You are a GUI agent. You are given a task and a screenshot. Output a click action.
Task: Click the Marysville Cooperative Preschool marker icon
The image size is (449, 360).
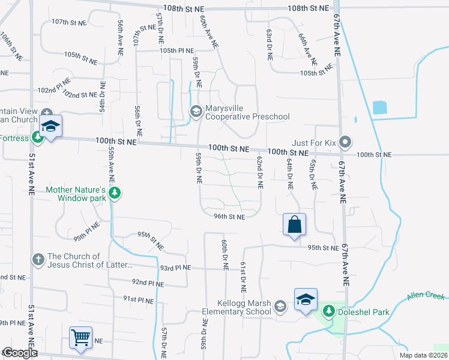[x=196, y=111]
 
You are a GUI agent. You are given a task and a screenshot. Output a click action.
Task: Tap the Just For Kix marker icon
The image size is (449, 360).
[x=345, y=143]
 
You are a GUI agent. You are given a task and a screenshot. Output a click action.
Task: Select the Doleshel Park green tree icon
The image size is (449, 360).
[x=328, y=311]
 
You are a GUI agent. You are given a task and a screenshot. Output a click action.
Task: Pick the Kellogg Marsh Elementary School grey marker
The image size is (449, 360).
[x=280, y=307]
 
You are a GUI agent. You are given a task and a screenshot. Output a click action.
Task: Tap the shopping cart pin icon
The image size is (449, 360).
[x=80, y=337]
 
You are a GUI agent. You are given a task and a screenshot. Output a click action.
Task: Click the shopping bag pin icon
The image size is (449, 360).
[x=294, y=225]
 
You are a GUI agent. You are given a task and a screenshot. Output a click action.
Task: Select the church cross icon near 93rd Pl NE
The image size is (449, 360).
[x=38, y=260]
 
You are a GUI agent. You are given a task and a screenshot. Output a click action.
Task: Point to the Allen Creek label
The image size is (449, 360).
[x=426, y=296]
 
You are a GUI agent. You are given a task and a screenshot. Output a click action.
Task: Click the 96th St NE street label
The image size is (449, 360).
[x=229, y=217]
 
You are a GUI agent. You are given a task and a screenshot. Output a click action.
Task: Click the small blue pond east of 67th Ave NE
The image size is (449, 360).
[x=379, y=108]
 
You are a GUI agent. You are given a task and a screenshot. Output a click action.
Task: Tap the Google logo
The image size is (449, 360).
[x=20, y=353]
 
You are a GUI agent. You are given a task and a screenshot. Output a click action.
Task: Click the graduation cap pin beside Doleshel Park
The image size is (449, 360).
[x=306, y=299]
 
